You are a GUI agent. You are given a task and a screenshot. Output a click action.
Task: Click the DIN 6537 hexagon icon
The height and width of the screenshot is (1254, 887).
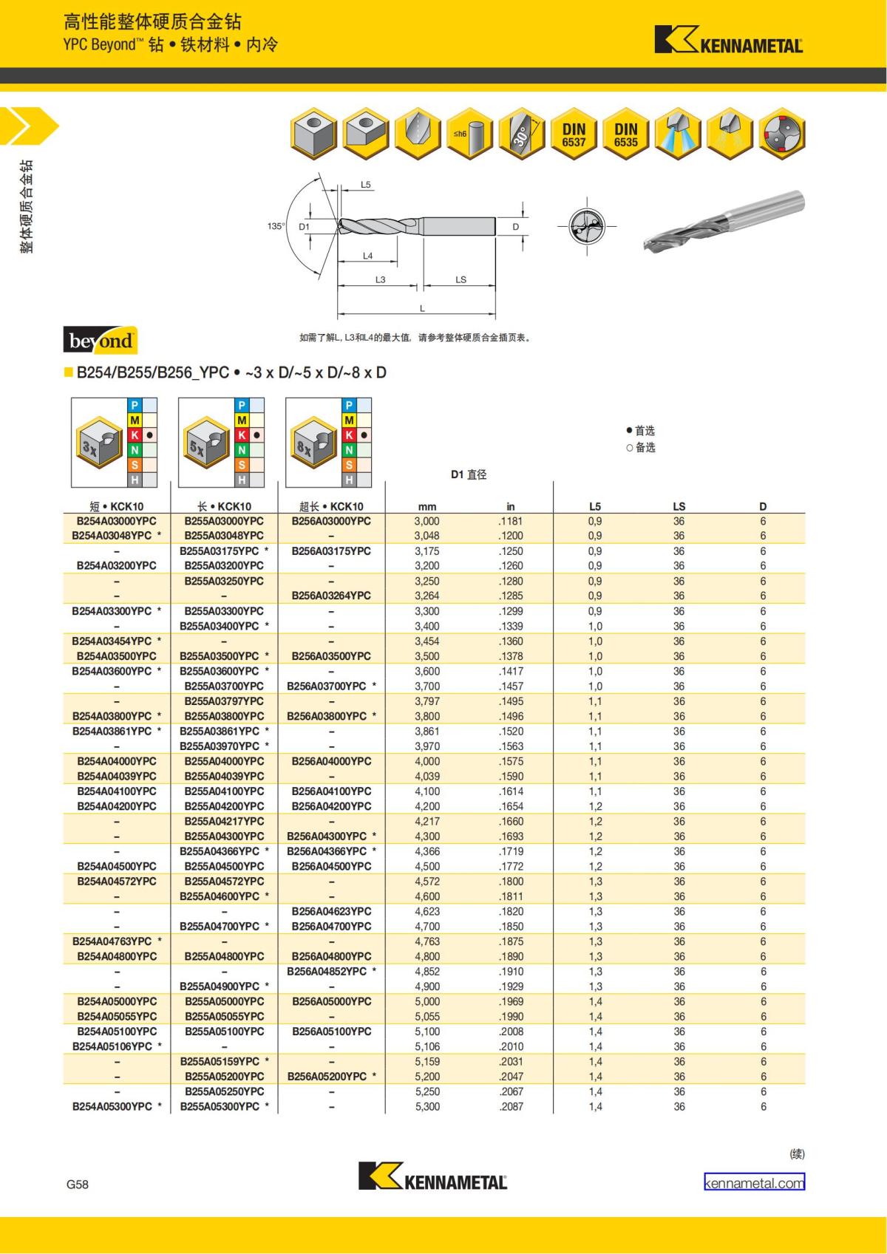[x=574, y=135]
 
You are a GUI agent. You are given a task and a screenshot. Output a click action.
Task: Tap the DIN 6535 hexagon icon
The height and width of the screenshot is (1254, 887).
[x=625, y=135]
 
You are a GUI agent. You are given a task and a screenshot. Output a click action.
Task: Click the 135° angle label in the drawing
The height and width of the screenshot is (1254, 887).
[x=276, y=226]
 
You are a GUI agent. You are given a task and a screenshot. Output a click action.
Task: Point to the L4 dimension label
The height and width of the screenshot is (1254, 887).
[x=367, y=256]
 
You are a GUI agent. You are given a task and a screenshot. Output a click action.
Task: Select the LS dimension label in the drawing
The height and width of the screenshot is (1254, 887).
[x=461, y=279]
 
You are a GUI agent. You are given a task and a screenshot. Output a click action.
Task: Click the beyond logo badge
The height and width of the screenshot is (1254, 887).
[x=101, y=341]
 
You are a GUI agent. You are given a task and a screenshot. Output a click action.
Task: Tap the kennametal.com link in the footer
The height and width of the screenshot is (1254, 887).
[x=754, y=1182]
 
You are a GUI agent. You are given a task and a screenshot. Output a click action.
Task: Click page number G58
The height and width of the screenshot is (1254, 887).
[x=77, y=1184]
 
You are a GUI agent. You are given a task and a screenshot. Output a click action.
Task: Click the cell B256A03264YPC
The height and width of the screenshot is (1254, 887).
[x=331, y=596]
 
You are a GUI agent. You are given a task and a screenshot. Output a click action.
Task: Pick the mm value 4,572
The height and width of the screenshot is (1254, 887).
[x=427, y=881]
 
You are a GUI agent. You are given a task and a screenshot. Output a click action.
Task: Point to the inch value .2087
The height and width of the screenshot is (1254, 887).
[x=511, y=1106]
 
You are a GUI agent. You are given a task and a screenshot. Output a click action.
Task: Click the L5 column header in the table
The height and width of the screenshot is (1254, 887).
[x=595, y=506]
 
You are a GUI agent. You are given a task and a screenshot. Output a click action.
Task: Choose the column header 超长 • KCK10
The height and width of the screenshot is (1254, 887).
[x=331, y=506]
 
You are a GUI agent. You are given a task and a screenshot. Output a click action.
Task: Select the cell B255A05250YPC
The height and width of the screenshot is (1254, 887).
[x=224, y=1091]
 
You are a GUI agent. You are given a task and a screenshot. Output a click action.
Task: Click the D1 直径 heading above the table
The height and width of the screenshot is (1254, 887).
[x=469, y=474]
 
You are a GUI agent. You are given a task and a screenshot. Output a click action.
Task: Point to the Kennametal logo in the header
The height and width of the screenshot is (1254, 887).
[x=728, y=41]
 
